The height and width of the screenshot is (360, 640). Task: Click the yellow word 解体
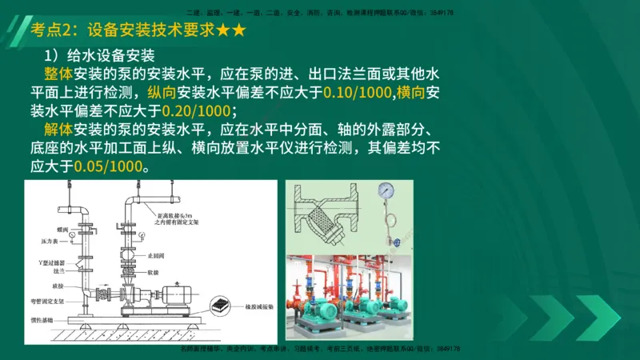coord(59,130)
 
